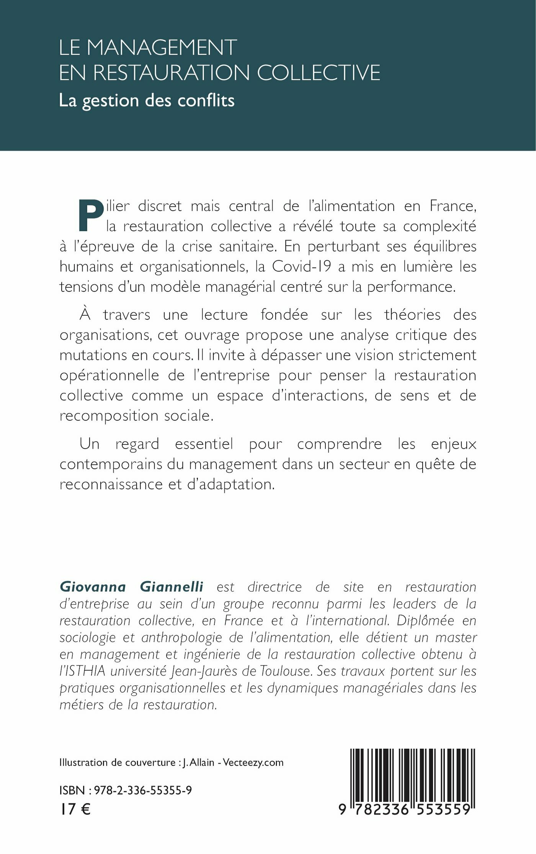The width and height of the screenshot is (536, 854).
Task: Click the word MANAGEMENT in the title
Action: (162, 48)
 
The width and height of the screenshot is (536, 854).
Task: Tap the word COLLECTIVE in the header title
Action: (319, 72)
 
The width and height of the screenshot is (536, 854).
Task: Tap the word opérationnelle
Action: (109, 375)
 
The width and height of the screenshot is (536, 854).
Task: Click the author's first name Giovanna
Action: (93, 587)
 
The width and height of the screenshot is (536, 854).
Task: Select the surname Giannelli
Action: (172, 587)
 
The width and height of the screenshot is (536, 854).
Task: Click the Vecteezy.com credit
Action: (253, 763)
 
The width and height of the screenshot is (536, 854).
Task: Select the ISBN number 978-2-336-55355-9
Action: (143, 790)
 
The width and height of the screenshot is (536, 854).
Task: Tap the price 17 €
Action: (75, 809)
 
